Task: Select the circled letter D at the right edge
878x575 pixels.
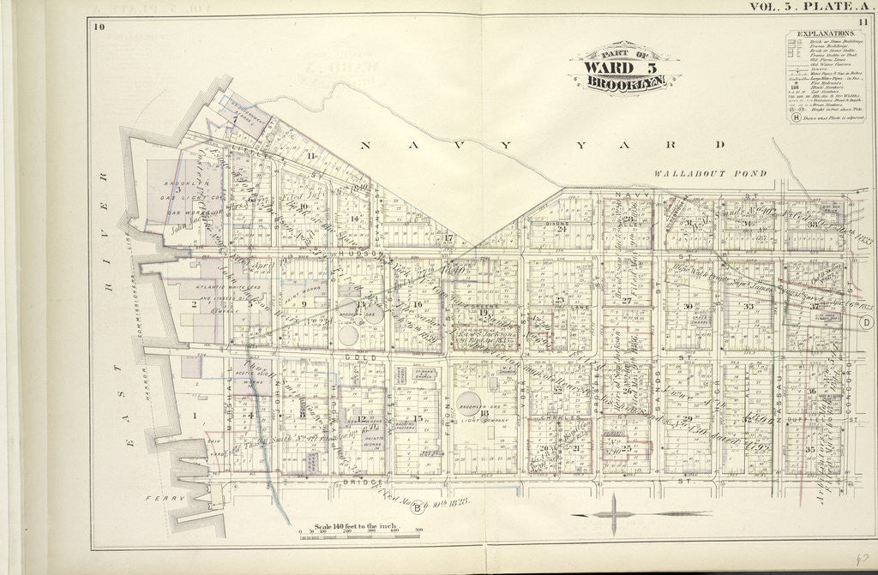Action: (866, 321)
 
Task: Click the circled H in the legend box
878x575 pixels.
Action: (796, 117)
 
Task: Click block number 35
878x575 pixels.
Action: (810, 448)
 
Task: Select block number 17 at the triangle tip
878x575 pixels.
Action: (448, 237)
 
